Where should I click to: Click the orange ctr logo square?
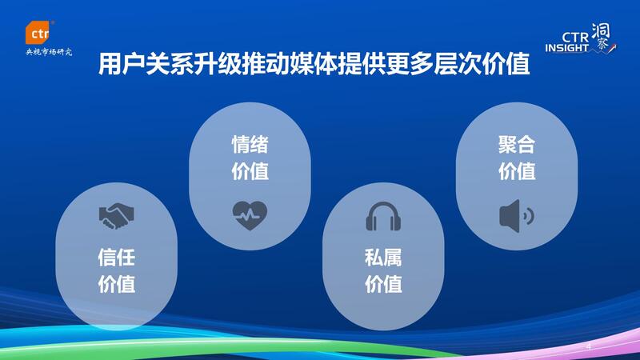[38, 32]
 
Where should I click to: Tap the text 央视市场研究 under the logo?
[49, 52]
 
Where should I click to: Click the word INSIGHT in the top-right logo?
[567, 48]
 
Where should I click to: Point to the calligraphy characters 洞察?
[601, 37]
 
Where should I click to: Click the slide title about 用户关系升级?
[314, 64]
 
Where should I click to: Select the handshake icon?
[116, 216]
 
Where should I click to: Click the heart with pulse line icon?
[250, 215]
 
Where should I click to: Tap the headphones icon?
[383, 216]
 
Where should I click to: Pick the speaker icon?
[516, 216]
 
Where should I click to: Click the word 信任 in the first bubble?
[117, 258]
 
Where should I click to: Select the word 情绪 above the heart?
[250, 145]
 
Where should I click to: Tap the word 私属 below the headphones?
[383, 258]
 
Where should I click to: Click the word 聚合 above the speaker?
[517, 145]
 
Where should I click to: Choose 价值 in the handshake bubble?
[117, 284]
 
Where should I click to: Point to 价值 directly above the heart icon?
[250, 171]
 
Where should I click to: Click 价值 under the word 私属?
[383, 284]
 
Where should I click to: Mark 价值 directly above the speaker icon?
[517, 171]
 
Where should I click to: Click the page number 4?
[589, 347]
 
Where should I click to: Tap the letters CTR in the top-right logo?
[575, 37]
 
